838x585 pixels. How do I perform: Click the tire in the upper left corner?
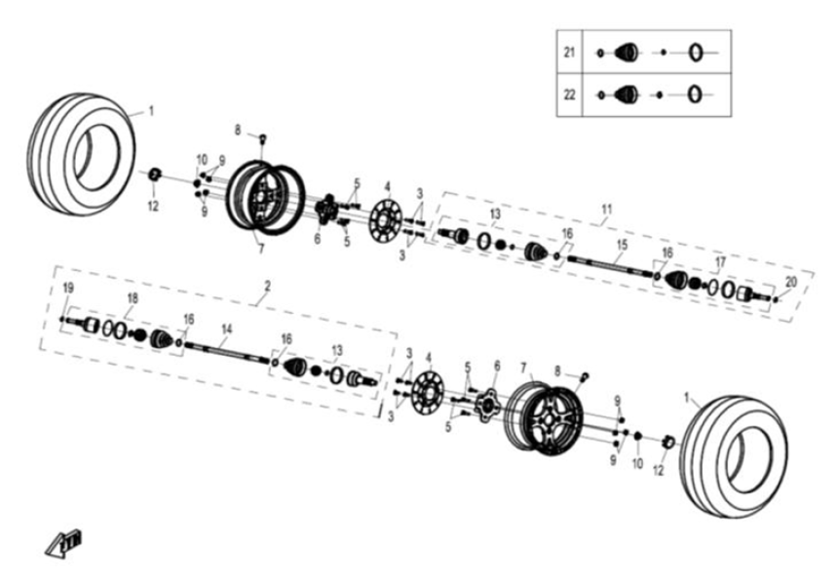[83, 144]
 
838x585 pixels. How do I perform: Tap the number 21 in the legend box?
[569, 52]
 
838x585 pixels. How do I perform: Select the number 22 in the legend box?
[569, 94]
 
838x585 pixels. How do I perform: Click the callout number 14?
[226, 330]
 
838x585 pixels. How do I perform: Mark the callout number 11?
[607, 209]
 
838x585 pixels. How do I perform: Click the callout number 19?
[68, 288]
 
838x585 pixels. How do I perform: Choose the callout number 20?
[790, 281]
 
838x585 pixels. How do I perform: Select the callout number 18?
[132, 298]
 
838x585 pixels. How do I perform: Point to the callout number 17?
[720, 261]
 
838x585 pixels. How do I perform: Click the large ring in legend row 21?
[696, 52]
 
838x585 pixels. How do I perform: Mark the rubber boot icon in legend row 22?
[627, 94]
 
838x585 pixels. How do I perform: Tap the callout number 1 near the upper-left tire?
[151, 111]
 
